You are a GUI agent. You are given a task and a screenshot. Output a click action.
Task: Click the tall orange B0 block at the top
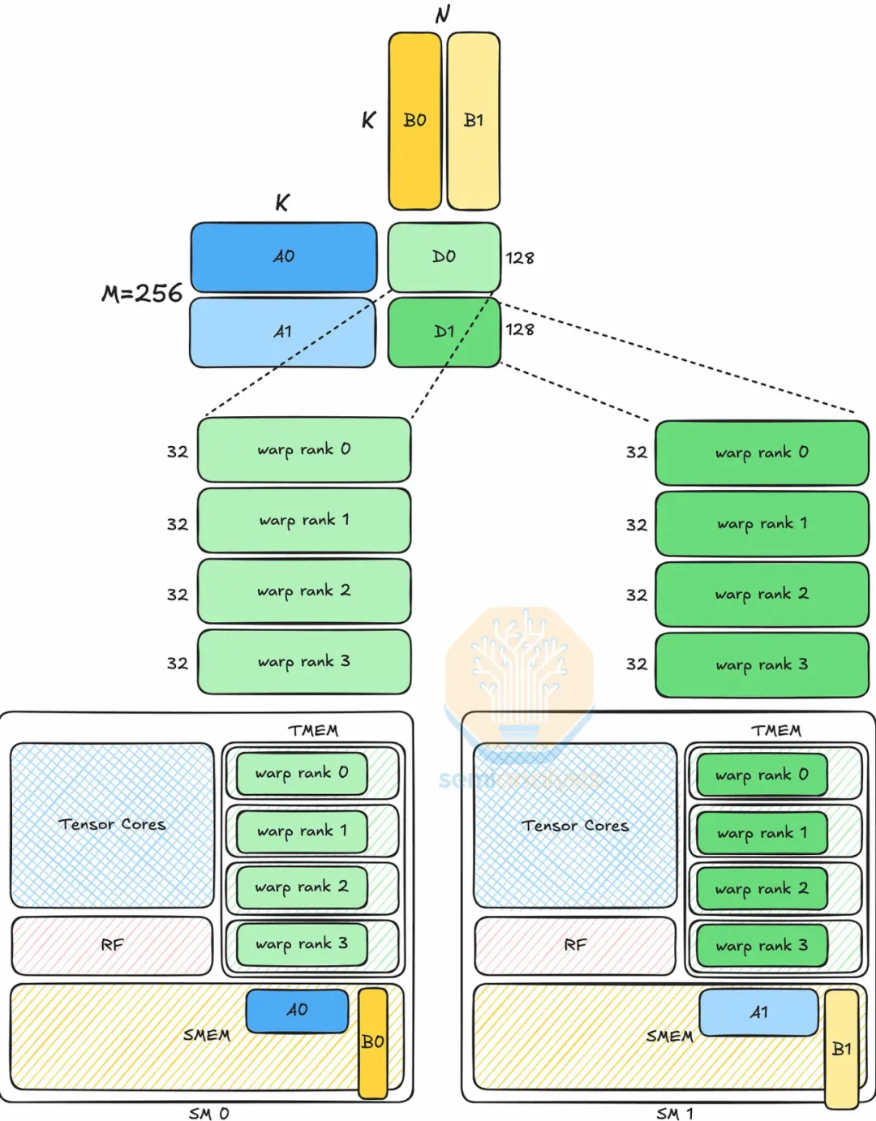tap(414, 121)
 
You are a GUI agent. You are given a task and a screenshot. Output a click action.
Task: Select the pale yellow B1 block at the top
tap(474, 121)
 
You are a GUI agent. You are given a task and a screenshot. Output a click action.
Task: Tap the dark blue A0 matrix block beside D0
tap(284, 257)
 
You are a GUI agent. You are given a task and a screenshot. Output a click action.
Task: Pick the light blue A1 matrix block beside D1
tap(282, 332)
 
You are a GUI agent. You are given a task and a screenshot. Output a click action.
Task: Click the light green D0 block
tap(444, 257)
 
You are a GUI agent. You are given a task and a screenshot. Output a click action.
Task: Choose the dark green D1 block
tap(444, 332)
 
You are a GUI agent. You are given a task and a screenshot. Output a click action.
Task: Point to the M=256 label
tap(142, 293)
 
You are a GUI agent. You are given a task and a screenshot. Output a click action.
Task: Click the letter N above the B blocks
tap(442, 15)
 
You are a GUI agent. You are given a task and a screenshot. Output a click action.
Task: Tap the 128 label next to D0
tap(520, 258)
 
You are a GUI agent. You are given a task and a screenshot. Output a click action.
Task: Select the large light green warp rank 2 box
tap(304, 591)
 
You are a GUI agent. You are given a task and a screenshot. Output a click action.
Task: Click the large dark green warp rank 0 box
tap(762, 453)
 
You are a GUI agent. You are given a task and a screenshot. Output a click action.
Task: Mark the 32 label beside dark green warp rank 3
tap(637, 664)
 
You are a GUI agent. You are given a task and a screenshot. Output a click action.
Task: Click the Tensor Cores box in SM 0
tap(112, 825)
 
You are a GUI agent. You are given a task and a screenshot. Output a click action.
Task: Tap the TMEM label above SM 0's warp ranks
tap(313, 731)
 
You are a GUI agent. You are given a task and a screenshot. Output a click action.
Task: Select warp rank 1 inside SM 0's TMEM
tap(303, 831)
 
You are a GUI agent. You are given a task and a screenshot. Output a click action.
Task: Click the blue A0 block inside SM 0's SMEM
tap(297, 1011)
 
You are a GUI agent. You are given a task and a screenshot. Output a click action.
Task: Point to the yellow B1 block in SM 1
tap(841, 1049)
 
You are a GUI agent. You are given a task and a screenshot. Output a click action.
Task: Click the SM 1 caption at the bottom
tap(675, 1113)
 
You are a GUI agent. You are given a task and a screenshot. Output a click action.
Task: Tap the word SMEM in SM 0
tap(207, 1035)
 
